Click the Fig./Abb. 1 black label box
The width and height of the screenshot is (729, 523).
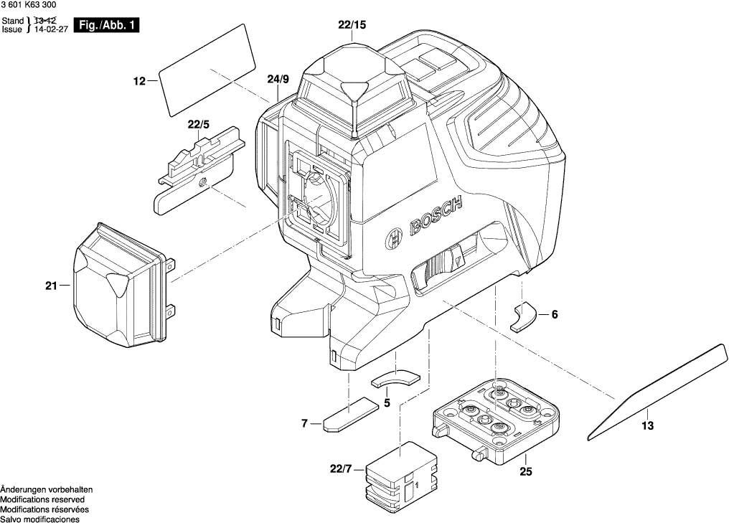pos(109,26)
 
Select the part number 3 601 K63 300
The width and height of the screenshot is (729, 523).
pos(33,6)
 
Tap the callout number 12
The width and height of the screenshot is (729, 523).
pos(140,82)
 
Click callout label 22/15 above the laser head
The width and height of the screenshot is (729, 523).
pos(352,25)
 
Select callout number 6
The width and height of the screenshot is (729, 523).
pos(554,314)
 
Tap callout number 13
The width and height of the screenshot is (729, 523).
pos(647,426)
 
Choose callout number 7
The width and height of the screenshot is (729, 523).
pos(305,424)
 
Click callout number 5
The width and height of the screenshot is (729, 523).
pos(387,403)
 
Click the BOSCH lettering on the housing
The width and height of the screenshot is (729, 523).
pos(435,217)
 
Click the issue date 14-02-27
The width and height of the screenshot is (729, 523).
pos(50,30)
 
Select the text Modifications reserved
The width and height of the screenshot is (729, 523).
pos(42,499)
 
